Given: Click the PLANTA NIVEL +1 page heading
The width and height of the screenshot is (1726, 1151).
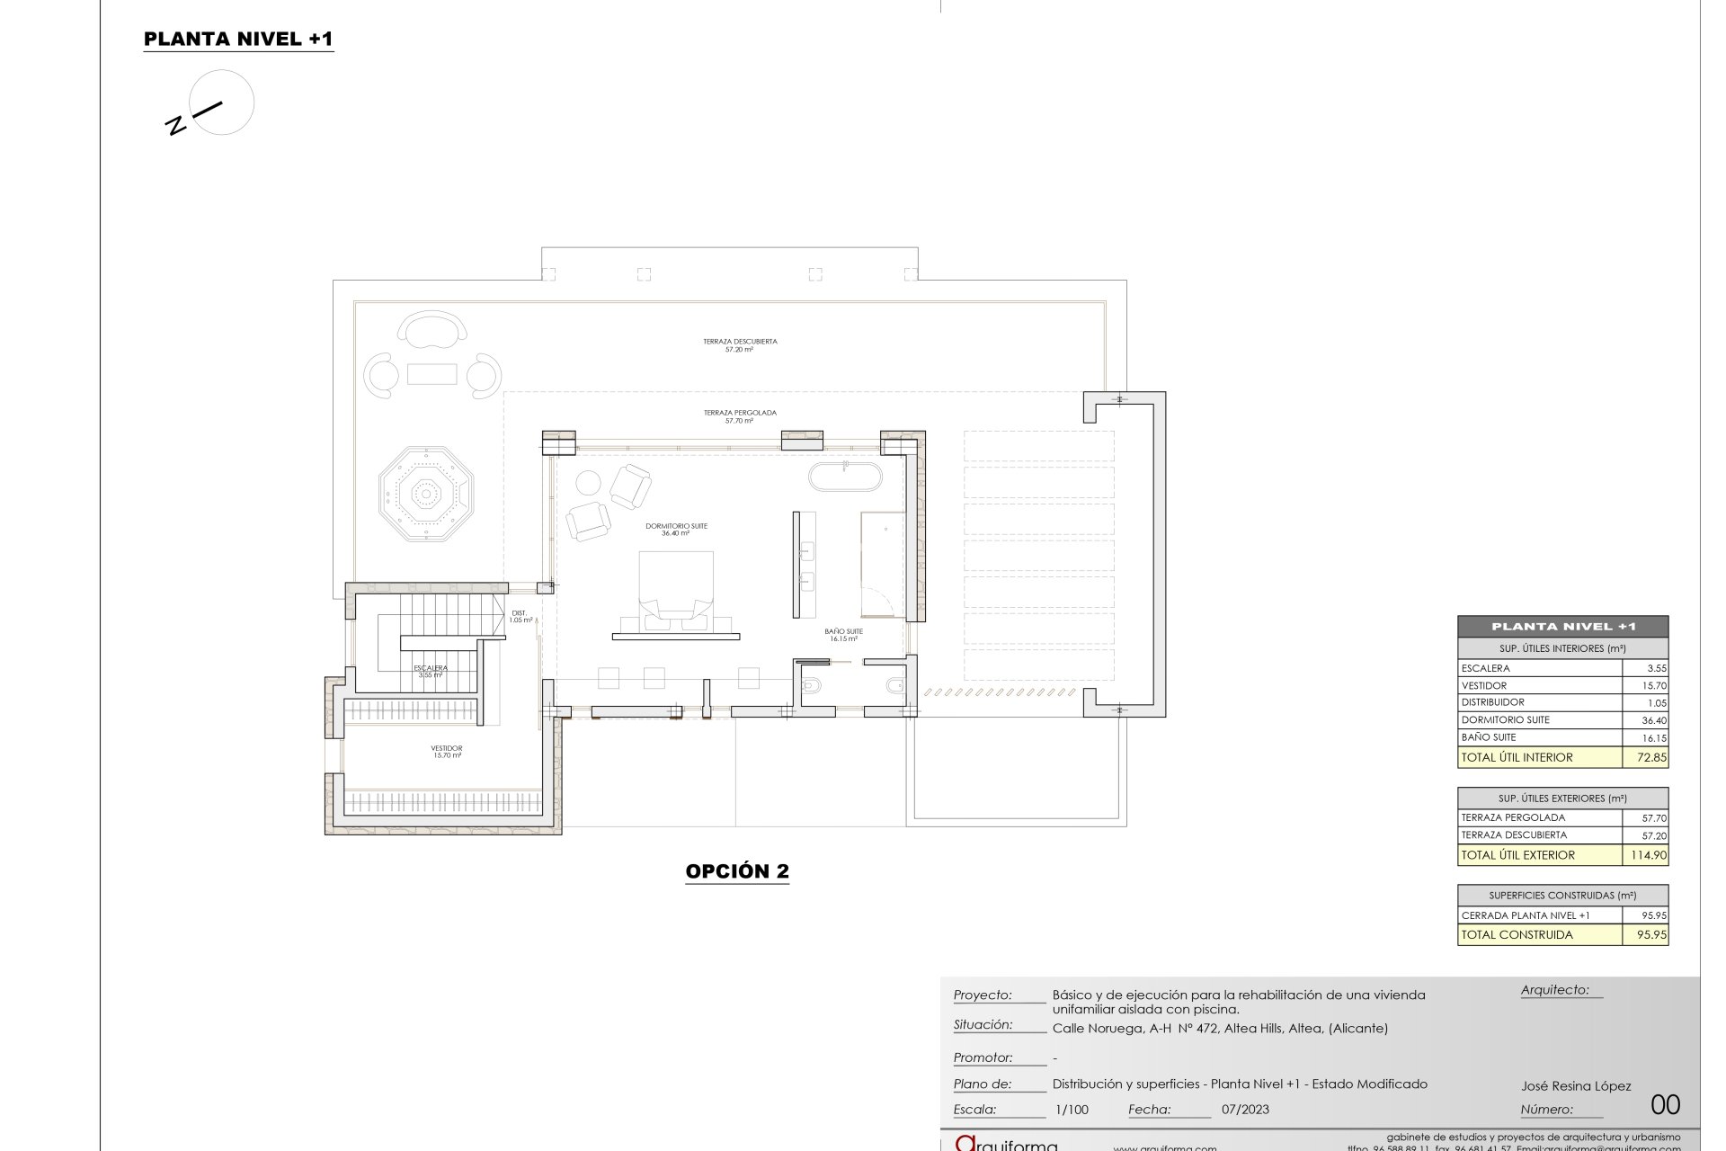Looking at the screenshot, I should (238, 39).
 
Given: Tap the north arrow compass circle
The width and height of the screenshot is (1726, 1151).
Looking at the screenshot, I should (222, 103).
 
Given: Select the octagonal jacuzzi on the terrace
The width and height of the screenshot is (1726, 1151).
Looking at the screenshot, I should (425, 493).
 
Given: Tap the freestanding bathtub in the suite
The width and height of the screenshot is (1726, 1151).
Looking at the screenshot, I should (845, 477).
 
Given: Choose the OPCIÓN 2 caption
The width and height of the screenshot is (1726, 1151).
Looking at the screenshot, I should (737, 870).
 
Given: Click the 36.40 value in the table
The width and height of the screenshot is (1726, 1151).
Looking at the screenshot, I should (1653, 720).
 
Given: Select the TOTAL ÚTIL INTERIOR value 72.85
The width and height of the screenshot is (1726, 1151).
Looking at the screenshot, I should (1651, 757).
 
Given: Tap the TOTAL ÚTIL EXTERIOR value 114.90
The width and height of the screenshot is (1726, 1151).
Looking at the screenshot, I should (1649, 855).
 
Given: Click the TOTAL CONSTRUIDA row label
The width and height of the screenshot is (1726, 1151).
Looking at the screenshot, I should (1517, 934).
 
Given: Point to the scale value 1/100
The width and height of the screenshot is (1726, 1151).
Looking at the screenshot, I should (1071, 1110).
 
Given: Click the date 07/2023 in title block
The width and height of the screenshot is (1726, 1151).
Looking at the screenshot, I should (1245, 1110).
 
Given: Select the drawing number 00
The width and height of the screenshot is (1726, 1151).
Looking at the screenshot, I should (1665, 1104).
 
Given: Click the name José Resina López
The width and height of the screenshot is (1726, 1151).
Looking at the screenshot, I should (1575, 1086).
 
